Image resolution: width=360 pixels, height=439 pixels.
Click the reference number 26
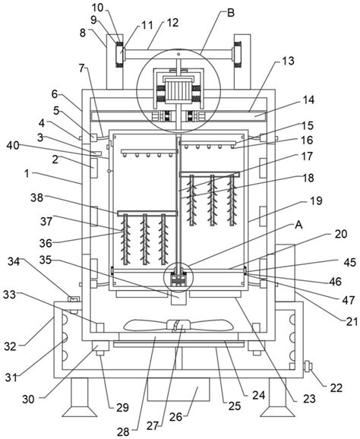[x=175, y=417]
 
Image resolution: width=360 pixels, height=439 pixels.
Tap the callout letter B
[x=231, y=13]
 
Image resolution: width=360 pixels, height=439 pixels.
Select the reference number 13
[x=288, y=61]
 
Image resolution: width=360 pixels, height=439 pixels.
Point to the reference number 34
[x=14, y=261]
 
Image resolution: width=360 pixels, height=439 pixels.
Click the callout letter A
[x=298, y=225]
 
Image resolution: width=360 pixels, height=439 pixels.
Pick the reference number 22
[x=336, y=388]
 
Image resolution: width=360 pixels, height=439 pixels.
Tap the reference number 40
[x=13, y=145]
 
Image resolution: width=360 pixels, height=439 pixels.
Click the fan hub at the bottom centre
[x=178, y=325]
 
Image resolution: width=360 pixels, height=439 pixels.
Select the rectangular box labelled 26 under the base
[x=178, y=390]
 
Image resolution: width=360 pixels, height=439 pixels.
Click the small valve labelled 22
[x=308, y=366]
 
